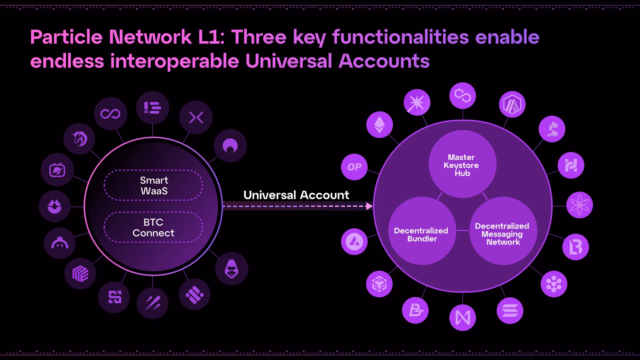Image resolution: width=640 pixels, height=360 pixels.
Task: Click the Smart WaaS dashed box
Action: click(x=153, y=185)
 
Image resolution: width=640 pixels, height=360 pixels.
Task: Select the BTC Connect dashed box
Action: click(x=153, y=227)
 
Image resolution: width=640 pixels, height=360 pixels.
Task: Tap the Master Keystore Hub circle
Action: click(x=462, y=164)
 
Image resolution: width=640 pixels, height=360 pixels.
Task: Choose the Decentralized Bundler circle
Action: click(x=422, y=231)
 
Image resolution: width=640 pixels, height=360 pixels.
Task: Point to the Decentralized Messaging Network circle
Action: click(x=503, y=231)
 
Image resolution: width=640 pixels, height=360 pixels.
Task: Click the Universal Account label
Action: click(x=296, y=195)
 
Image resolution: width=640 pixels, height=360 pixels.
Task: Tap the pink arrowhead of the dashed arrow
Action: click(x=369, y=206)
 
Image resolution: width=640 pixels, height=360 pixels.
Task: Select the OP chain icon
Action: click(x=354, y=167)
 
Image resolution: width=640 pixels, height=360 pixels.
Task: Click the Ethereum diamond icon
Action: click(x=380, y=124)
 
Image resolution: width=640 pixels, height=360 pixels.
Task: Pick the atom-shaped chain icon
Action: click(x=580, y=205)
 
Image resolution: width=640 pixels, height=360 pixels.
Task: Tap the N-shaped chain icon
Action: click(x=463, y=317)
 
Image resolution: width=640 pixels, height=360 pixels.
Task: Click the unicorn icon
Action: click(x=79, y=139)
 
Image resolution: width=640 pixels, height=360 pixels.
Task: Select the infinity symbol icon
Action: click(x=110, y=114)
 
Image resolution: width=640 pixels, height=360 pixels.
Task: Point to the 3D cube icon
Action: click(x=380, y=284)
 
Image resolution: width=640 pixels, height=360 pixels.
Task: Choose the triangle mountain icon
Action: click(x=354, y=242)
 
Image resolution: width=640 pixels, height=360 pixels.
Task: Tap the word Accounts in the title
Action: click(x=384, y=61)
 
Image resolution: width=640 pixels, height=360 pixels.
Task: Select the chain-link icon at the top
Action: click(x=463, y=95)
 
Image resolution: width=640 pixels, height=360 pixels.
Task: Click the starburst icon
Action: click(x=417, y=102)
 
